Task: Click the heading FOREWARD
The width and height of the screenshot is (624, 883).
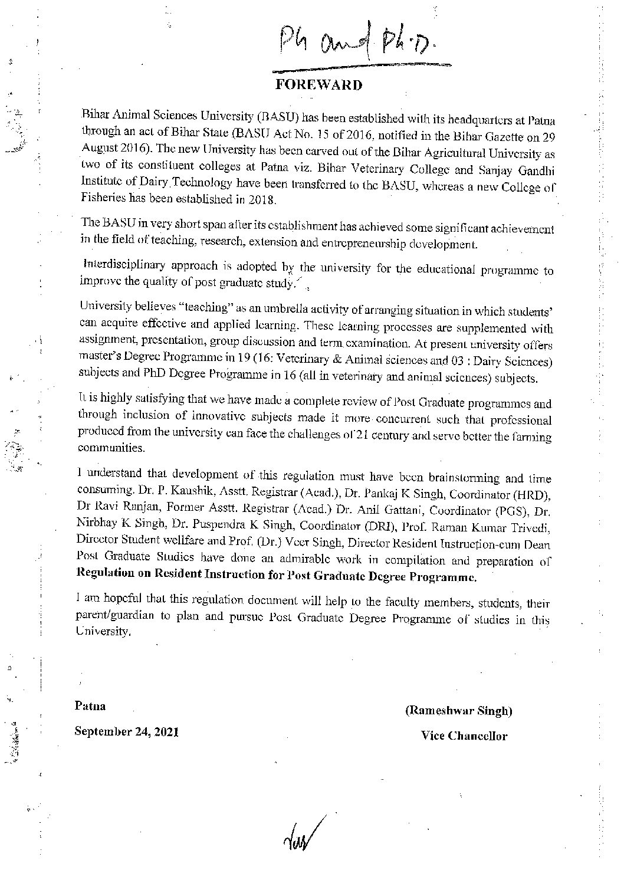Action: click(318, 85)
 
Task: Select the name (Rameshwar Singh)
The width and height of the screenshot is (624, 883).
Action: click(458, 711)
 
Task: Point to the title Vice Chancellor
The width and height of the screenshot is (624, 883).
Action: click(464, 736)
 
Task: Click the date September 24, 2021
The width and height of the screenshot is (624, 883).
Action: click(126, 732)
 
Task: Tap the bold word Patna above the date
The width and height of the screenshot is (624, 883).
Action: click(90, 705)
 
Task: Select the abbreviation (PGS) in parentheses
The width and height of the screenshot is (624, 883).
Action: click(514, 508)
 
